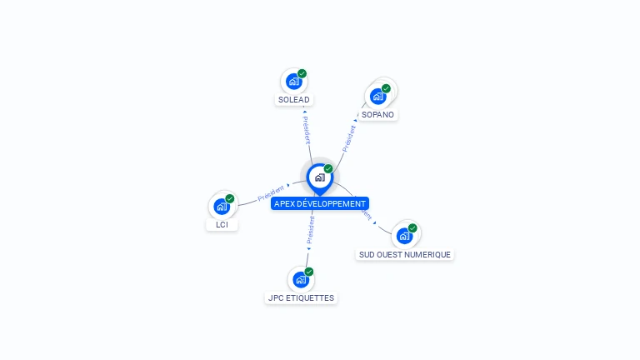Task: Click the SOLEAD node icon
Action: click(x=292, y=82)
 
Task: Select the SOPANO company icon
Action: click(x=378, y=96)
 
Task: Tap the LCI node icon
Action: click(x=221, y=206)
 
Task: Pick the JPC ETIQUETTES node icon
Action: click(x=300, y=279)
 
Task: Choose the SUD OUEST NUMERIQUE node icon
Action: click(x=404, y=236)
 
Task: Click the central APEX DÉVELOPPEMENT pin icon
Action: click(x=319, y=177)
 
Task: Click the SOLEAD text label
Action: click(x=293, y=100)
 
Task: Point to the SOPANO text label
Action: click(x=378, y=114)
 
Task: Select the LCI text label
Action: click(x=222, y=225)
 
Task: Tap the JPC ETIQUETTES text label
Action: click(x=301, y=297)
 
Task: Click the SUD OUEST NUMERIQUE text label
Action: click(x=405, y=254)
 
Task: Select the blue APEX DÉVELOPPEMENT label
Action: click(x=319, y=203)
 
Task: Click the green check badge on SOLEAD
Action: click(x=302, y=73)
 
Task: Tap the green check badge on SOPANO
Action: click(x=386, y=88)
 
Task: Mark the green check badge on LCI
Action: click(x=230, y=198)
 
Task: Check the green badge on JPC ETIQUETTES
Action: click(x=309, y=272)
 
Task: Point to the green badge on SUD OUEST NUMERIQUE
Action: click(x=412, y=228)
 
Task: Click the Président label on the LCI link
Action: click(x=271, y=193)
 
